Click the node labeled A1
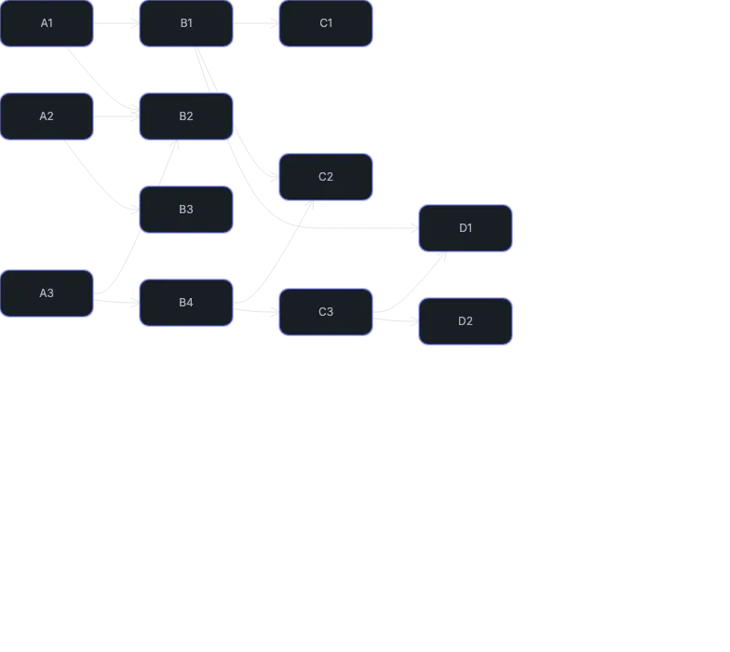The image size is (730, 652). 47,23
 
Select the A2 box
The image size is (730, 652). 47,116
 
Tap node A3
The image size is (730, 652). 47,293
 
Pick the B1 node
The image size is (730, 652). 186,23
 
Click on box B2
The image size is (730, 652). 186,116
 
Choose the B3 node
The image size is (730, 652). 186,210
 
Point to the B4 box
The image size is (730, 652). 186,303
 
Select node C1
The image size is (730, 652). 326,23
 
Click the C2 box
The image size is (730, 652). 326,177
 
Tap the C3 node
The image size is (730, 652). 326,312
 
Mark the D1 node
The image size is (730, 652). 466,228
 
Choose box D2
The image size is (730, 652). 466,321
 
